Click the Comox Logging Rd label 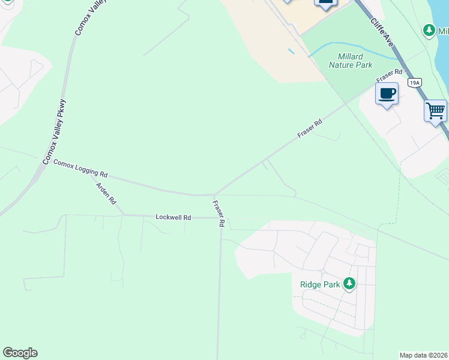80,168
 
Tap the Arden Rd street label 106,194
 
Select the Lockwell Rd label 173,217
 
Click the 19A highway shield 414,82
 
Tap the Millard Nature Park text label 351,61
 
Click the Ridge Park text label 320,284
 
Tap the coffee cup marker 387,94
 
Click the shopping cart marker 435,110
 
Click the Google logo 20,353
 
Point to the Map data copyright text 423,355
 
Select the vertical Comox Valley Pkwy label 54,133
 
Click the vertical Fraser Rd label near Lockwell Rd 218,214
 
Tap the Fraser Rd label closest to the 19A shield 389,76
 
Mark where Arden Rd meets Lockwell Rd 124,215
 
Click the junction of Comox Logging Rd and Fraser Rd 214,195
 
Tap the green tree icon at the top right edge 429,29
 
